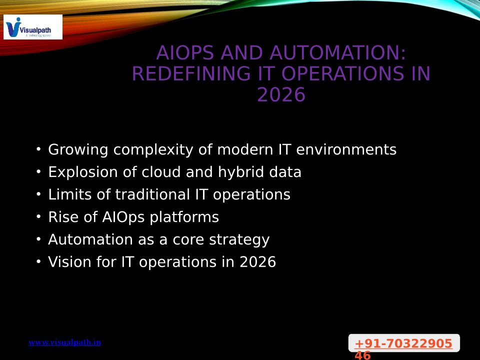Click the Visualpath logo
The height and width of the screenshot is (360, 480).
click(x=33, y=27)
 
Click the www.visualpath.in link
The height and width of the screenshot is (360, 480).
click(x=64, y=342)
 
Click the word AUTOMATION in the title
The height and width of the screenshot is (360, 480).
click(x=337, y=52)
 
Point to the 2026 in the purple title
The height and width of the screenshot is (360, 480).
click(x=281, y=94)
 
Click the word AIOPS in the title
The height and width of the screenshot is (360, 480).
click(x=185, y=52)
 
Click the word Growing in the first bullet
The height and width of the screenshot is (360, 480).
click(x=78, y=150)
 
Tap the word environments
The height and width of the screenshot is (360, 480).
click(x=346, y=149)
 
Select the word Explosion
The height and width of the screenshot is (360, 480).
click(x=83, y=172)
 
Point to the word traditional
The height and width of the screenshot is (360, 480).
click(x=152, y=194)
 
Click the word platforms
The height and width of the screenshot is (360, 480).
click(x=184, y=217)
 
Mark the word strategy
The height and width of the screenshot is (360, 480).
click(x=239, y=240)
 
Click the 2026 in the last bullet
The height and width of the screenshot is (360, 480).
click(x=258, y=262)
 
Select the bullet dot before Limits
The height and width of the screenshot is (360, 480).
click(x=38, y=194)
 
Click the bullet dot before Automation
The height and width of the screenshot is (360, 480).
click(x=38, y=239)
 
